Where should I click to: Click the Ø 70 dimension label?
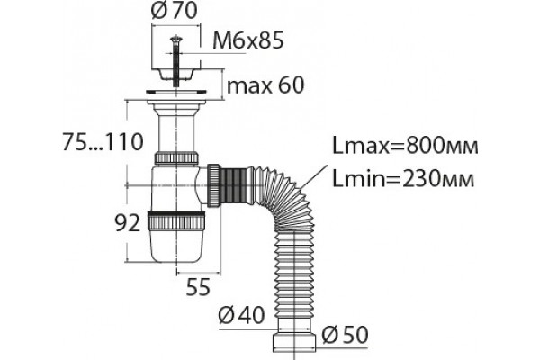click(x=175, y=11)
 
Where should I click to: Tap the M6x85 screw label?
click(x=248, y=40)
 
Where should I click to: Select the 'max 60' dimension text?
click(x=265, y=85)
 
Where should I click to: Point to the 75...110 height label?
click(x=103, y=141)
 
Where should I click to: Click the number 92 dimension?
click(x=128, y=223)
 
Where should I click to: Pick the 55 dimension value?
click(x=198, y=287)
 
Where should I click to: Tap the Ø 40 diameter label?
click(x=242, y=314)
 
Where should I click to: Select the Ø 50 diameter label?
click(x=345, y=335)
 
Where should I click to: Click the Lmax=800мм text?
click(x=405, y=146)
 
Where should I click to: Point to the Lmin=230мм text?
click(x=403, y=179)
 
